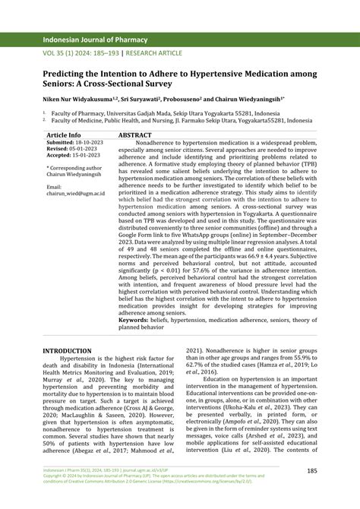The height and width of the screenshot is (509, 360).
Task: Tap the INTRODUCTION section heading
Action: (67, 351)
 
